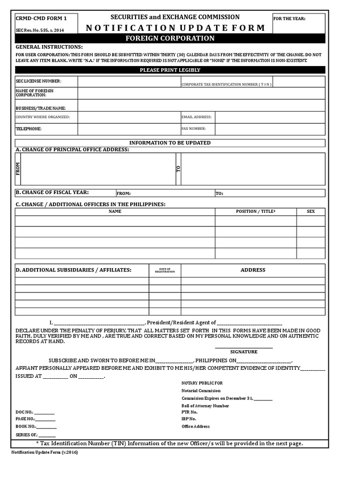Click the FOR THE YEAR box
click(x=299, y=23)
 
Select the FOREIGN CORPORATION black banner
click(x=170, y=38)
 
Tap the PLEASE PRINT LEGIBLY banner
click(x=170, y=70)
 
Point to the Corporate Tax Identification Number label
click(x=226, y=84)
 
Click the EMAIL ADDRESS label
click(x=196, y=117)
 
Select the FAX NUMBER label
click(x=194, y=128)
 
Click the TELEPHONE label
click(x=29, y=128)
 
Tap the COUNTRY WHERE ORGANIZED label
click(x=43, y=117)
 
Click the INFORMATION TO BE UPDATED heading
click(x=170, y=142)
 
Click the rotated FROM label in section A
click(x=18, y=169)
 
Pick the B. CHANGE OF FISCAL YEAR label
click(x=52, y=192)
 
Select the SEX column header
click(x=311, y=211)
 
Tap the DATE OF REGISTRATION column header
click(x=165, y=270)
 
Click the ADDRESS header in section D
click(x=253, y=270)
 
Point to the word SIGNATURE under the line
click(x=244, y=352)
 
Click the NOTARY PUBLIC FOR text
click(x=202, y=383)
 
